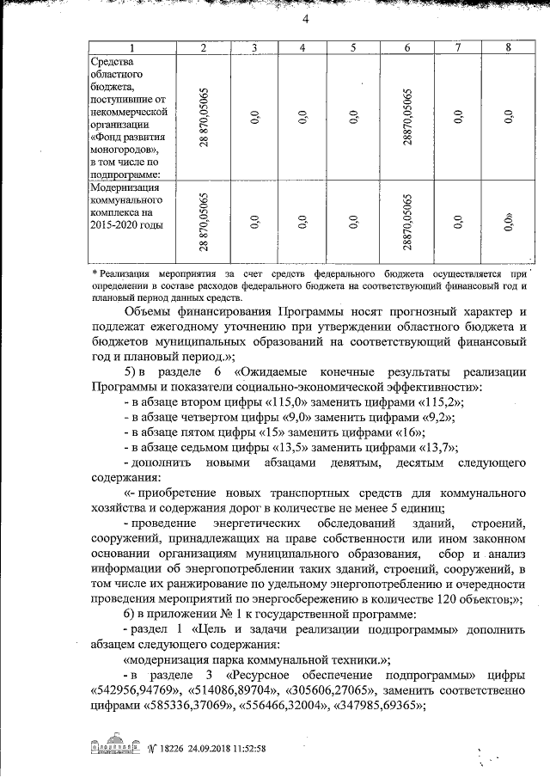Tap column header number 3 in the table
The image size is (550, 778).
(255, 47)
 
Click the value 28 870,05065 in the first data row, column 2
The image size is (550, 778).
(204, 117)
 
